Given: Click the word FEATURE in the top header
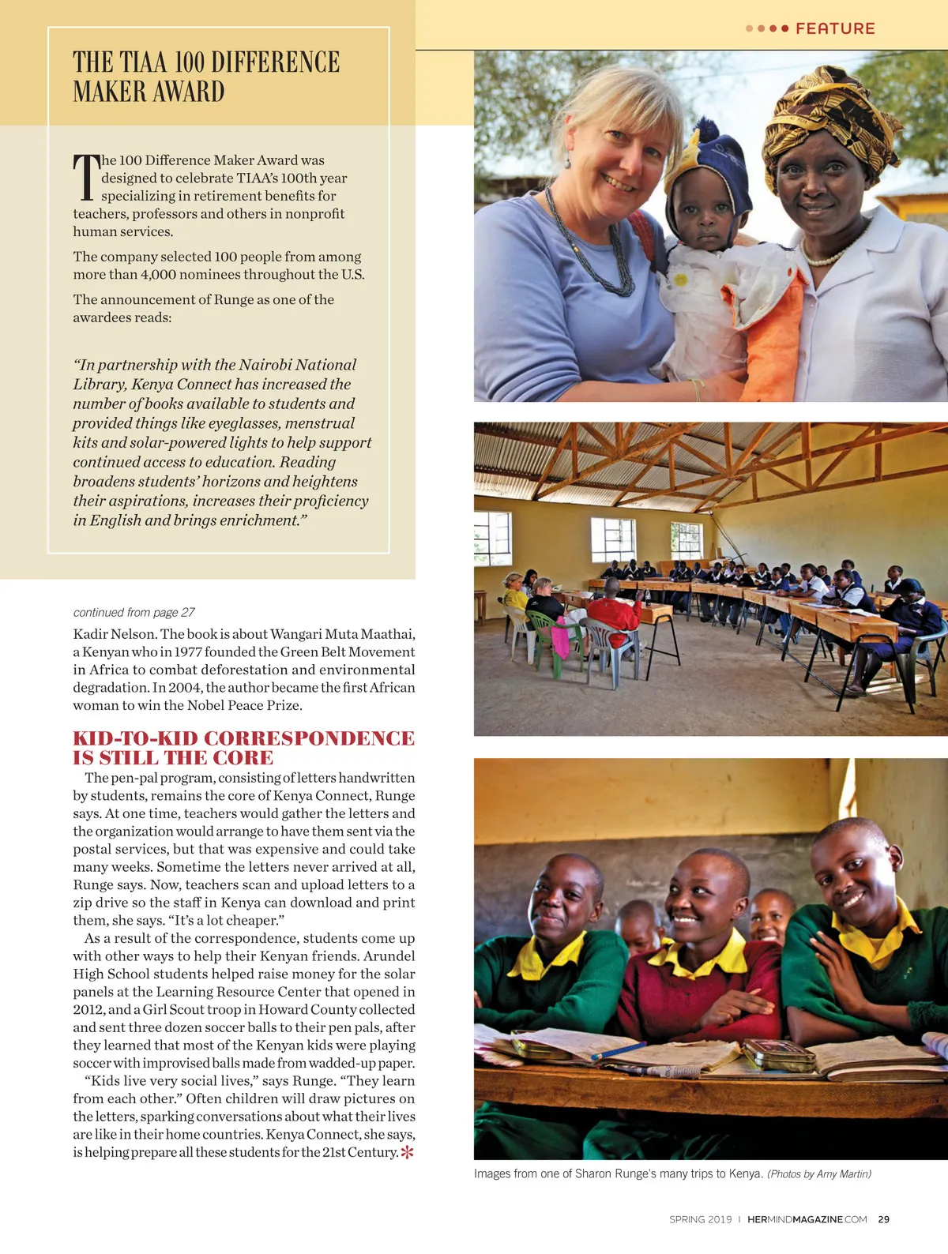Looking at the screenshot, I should (835, 29).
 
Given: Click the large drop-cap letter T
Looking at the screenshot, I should (86, 177).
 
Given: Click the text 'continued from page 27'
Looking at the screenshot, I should (134, 613).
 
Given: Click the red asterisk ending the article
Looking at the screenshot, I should (407, 1152).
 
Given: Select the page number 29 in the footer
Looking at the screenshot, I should (883, 1219).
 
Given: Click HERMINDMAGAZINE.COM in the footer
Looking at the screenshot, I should (807, 1219).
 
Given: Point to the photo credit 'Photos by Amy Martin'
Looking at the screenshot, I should (819, 1174).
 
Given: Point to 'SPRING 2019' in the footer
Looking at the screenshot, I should (700, 1219).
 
